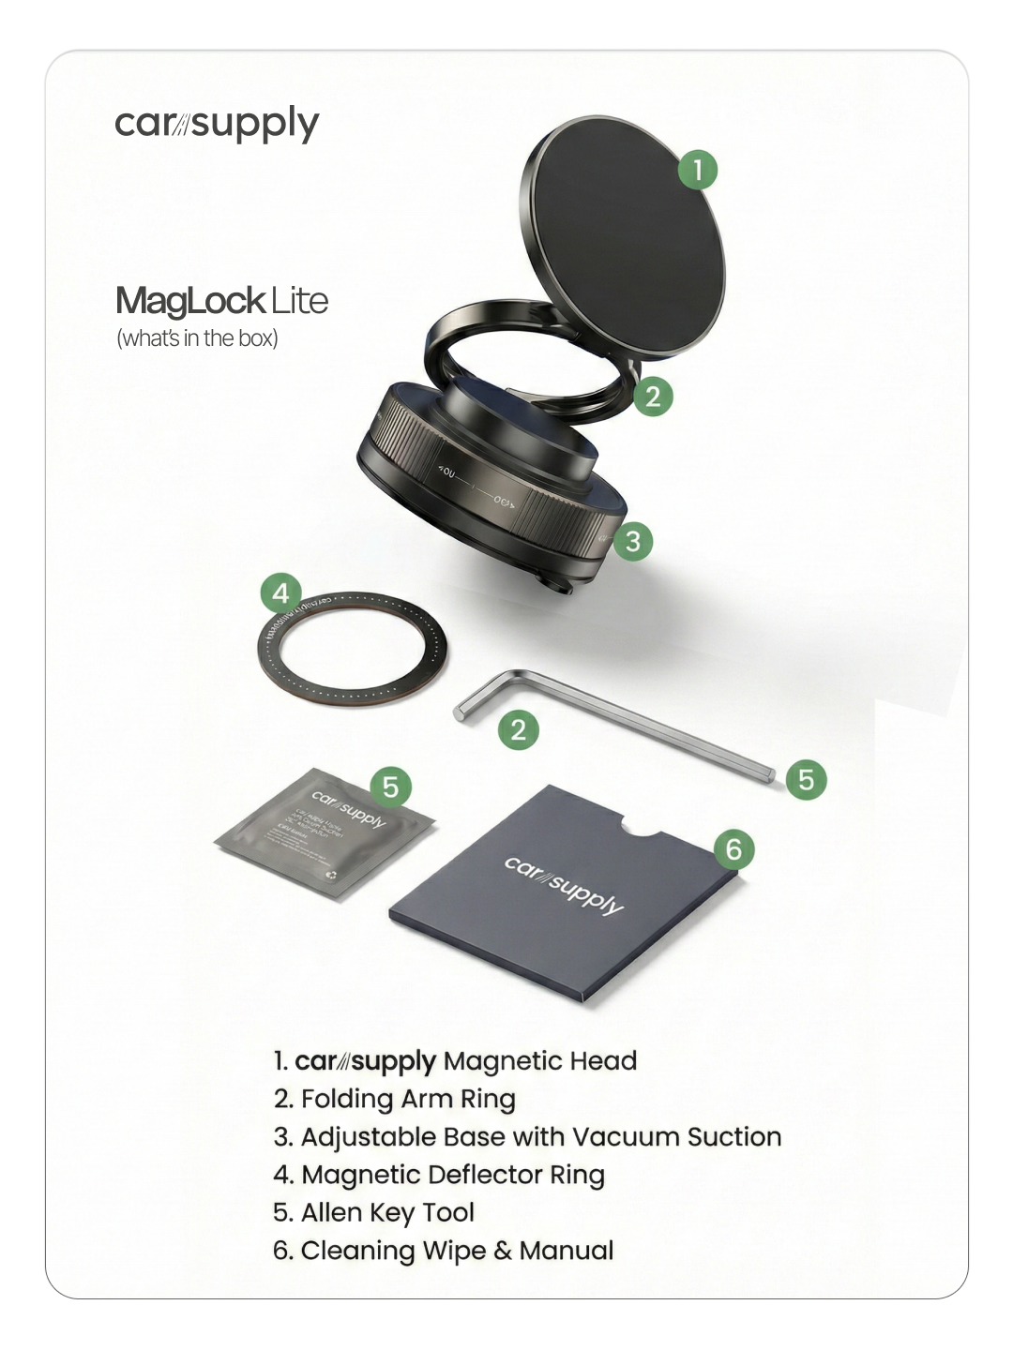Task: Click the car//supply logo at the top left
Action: [x=217, y=124]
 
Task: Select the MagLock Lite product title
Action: [x=221, y=301]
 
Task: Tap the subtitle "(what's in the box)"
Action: [x=197, y=338]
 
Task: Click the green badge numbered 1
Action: [x=697, y=170]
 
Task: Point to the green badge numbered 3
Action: [x=633, y=541]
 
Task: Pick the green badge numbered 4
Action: [x=280, y=593]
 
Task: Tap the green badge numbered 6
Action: [x=733, y=849]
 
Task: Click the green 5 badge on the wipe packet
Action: [x=391, y=787]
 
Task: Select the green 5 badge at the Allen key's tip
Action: [x=806, y=779]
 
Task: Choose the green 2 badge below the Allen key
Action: [x=519, y=729]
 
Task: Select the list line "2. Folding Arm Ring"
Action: [x=394, y=1099]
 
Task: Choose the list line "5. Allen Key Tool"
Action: [x=373, y=1212]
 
